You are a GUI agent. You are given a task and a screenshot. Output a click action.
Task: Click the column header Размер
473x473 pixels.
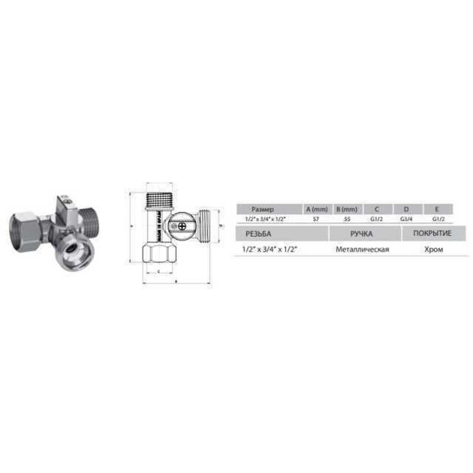pyautogui.click(x=263, y=209)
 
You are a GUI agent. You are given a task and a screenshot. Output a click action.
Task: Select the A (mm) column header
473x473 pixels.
pyautogui.click(x=316, y=209)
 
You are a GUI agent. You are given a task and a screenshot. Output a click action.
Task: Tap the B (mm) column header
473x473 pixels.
pyautogui.click(x=346, y=209)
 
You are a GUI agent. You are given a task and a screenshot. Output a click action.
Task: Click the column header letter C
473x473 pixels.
pyautogui.click(x=377, y=209)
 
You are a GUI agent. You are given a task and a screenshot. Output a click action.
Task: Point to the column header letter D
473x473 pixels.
pyautogui.click(x=406, y=209)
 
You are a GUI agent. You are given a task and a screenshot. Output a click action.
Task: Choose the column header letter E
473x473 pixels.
pyautogui.click(x=437, y=209)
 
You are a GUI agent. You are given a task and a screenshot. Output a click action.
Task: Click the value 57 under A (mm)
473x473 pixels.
pyautogui.click(x=316, y=219)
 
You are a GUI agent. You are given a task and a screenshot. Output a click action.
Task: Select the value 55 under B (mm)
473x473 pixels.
pyautogui.click(x=346, y=219)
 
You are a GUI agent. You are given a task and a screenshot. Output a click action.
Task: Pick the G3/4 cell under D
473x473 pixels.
pyautogui.click(x=406, y=219)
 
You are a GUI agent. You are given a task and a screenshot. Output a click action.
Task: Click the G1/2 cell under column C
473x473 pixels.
pyautogui.click(x=377, y=219)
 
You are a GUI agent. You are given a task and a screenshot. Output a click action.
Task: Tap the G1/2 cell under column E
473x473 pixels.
pyautogui.click(x=437, y=219)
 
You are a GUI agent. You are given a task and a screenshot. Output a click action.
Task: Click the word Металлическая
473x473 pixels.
pyautogui.click(x=362, y=250)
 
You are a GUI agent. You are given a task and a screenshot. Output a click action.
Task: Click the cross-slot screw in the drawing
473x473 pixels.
pyautogui.click(x=182, y=225)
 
